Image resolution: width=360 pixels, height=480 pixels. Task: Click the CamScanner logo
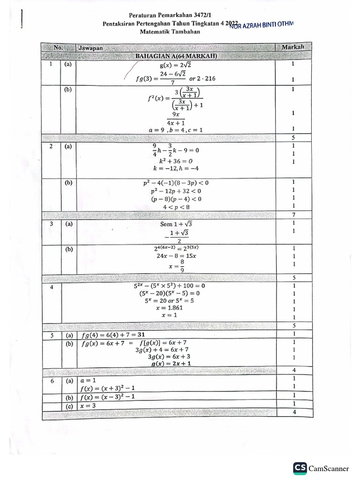click(300, 468)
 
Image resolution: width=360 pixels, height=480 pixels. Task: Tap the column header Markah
click(293, 47)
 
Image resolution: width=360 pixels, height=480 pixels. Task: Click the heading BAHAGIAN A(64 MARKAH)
click(176, 56)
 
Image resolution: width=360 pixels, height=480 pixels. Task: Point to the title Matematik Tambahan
click(170, 32)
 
